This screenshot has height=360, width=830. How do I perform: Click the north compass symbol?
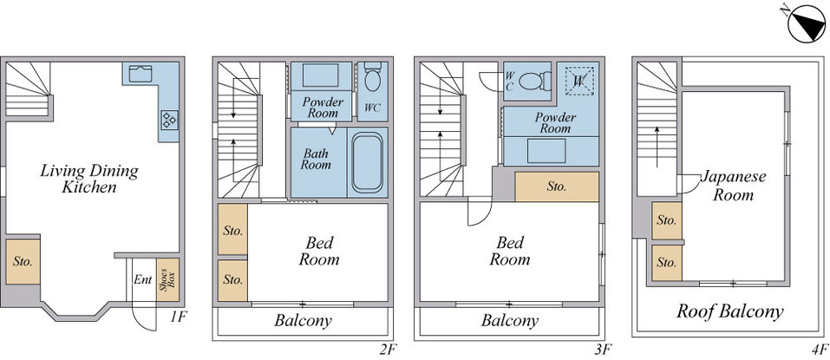click(807, 23)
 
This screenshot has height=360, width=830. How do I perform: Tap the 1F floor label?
click(179, 317)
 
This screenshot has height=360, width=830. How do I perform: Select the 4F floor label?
click(819, 349)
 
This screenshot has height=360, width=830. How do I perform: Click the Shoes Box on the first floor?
click(167, 279)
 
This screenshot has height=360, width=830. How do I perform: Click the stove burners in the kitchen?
click(169, 119)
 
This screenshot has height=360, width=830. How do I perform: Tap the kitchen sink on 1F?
click(141, 74)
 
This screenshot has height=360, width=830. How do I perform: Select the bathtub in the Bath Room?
click(368, 162)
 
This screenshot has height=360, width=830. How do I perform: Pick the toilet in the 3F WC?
click(534, 81)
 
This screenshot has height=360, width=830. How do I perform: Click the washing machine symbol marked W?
click(579, 81)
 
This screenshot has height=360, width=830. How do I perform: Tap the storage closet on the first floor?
click(23, 261)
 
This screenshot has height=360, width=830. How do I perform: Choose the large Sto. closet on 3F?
click(557, 187)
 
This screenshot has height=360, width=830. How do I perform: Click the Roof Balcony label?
click(730, 311)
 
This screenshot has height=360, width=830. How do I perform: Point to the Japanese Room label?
click(733, 186)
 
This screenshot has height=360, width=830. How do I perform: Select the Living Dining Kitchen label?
click(89, 179)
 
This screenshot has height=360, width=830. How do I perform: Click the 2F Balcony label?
click(303, 320)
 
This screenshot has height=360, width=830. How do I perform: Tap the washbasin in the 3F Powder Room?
click(546, 151)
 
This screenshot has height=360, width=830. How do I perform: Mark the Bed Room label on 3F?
click(510, 251)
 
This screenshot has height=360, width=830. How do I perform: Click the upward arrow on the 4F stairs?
click(657, 147)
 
